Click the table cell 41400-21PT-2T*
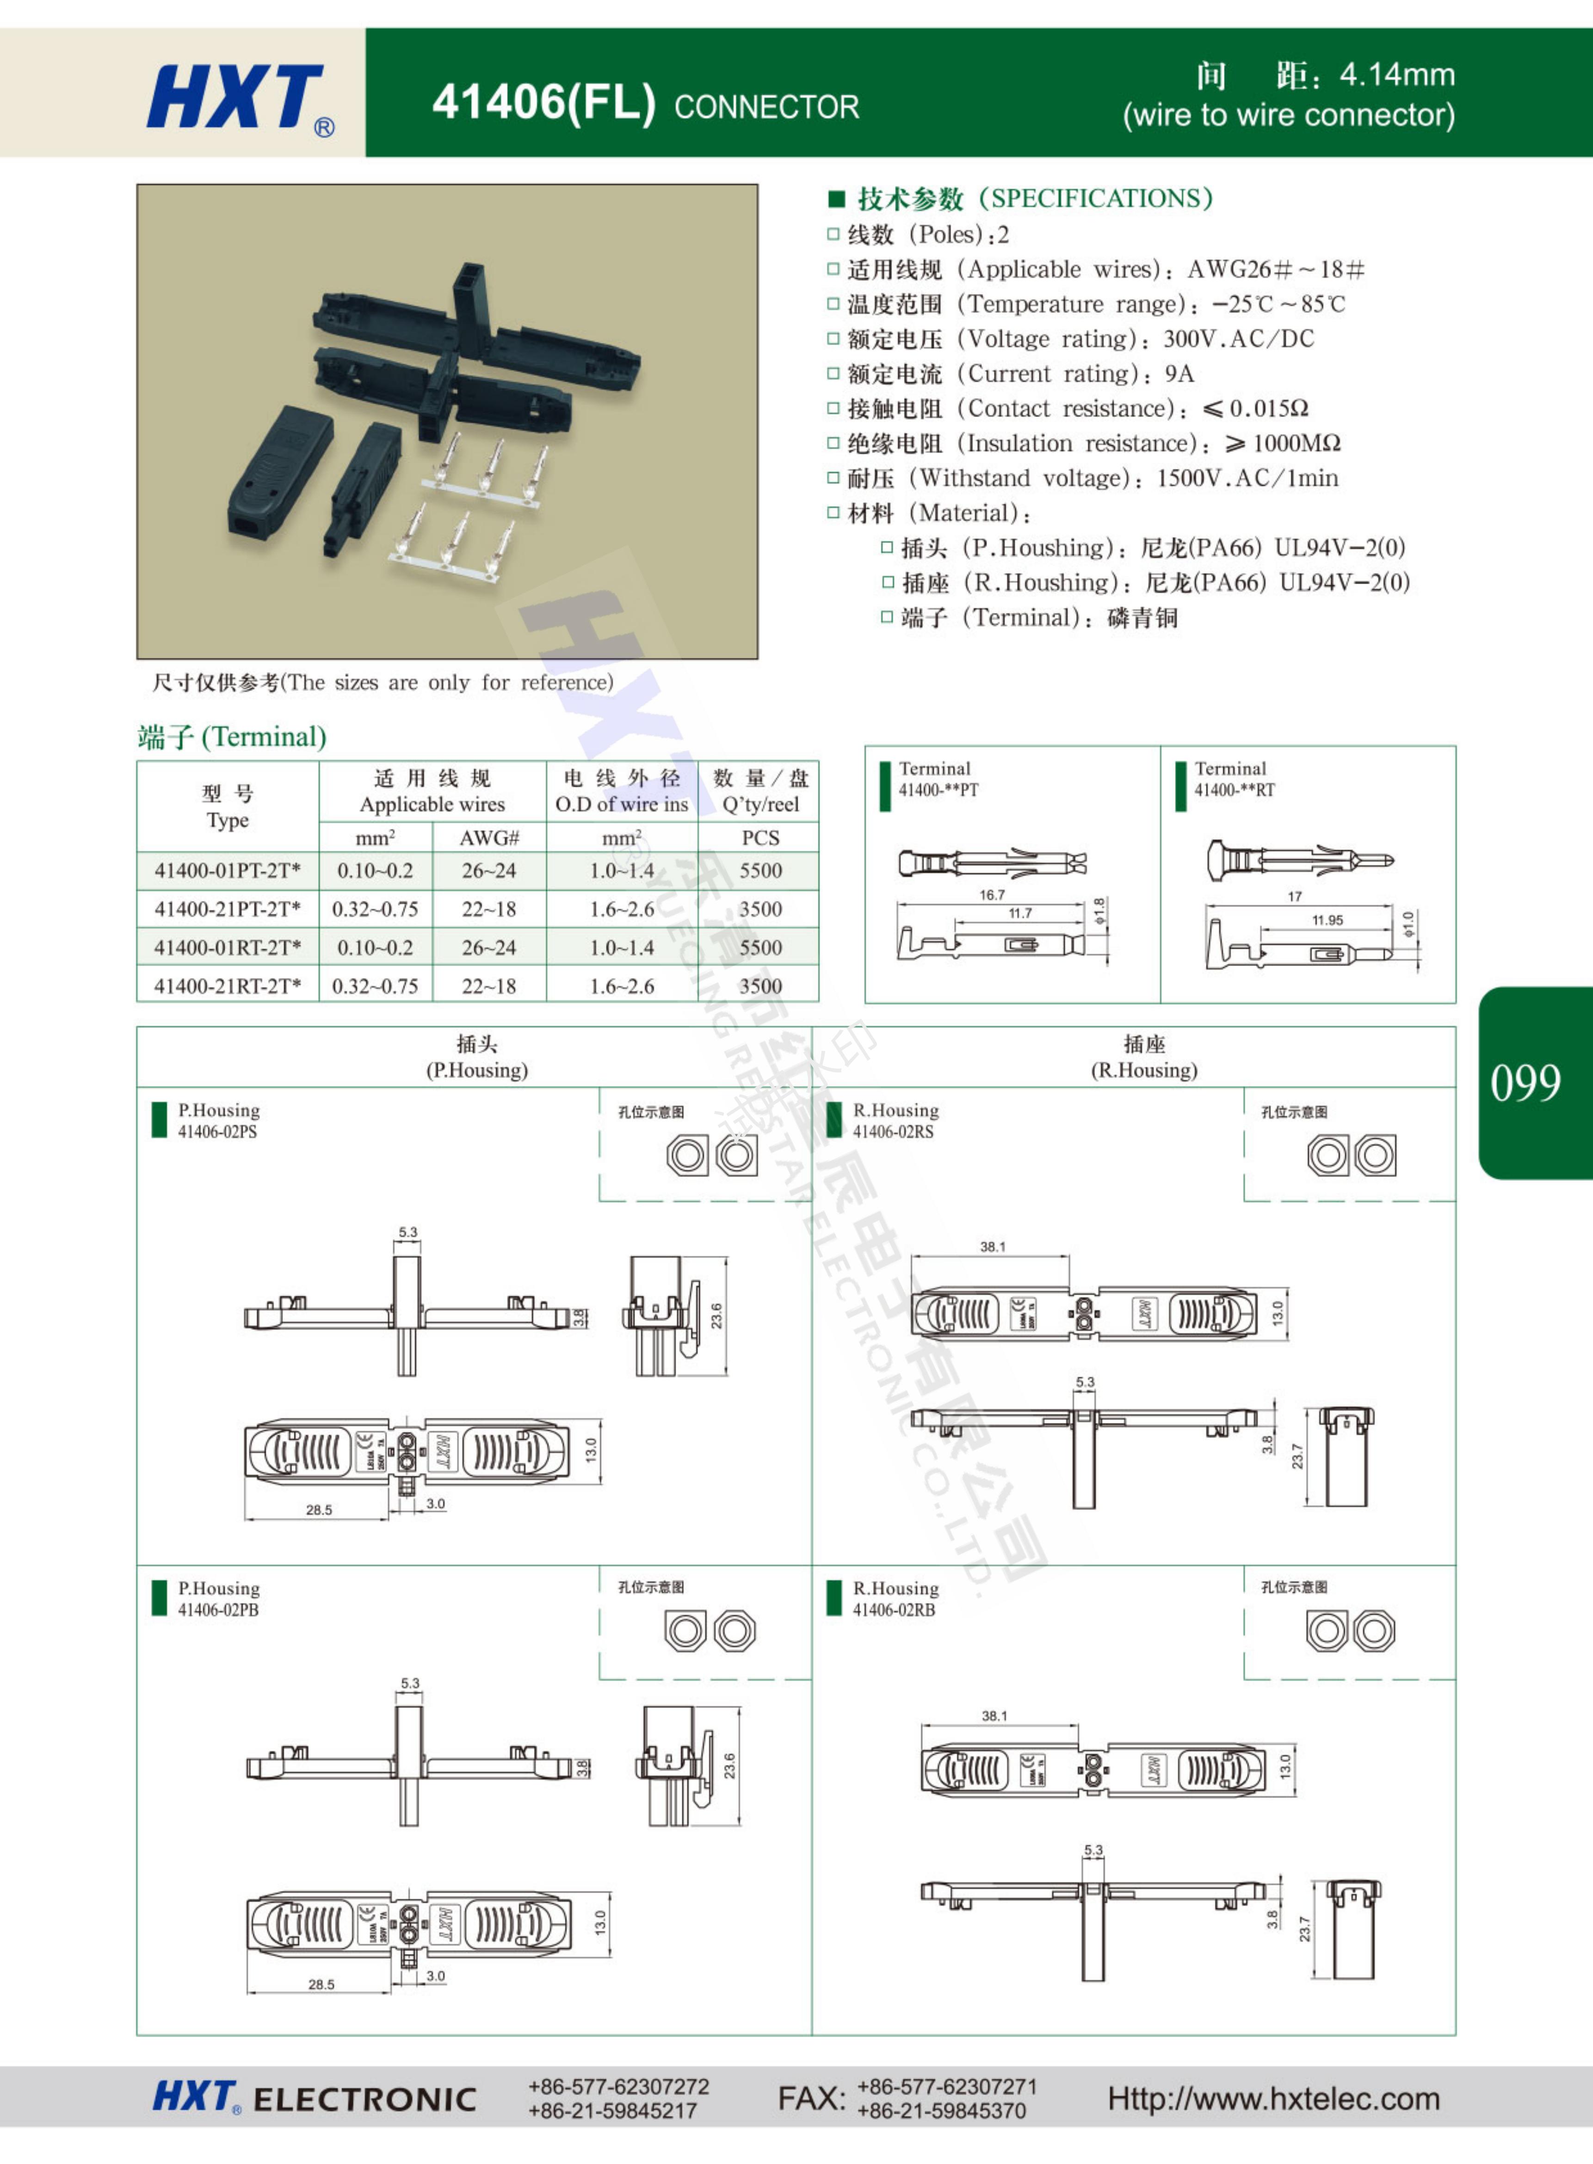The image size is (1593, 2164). coord(228,909)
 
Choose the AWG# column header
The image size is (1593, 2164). coord(489,837)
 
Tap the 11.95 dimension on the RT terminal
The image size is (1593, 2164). coord(1327,919)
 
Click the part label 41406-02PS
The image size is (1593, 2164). coord(217,1132)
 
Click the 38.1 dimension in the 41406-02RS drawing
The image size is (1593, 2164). coord(992,1247)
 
